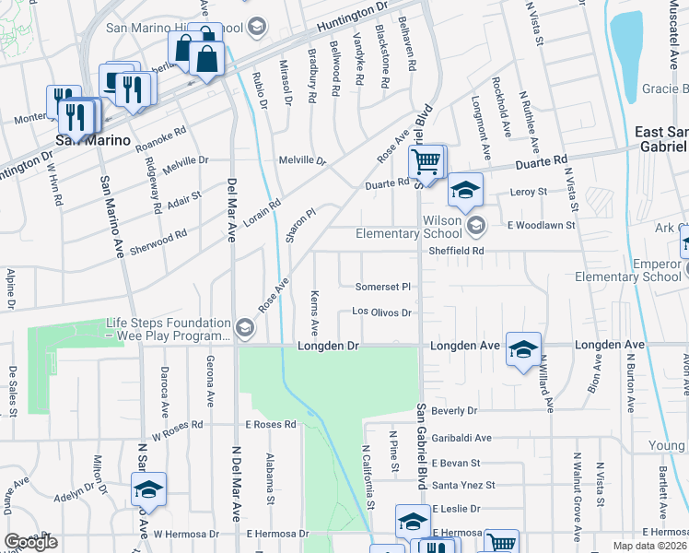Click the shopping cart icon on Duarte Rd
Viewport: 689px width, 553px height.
tap(426, 163)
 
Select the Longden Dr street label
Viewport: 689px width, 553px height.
tap(326, 346)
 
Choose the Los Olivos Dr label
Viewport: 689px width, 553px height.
tap(382, 312)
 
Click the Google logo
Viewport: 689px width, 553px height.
tap(30, 542)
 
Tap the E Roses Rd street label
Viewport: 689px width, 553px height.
tap(270, 425)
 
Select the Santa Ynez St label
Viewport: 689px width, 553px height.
tap(463, 485)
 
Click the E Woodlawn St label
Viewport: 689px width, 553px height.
tap(543, 224)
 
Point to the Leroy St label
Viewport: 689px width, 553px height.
tap(530, 192)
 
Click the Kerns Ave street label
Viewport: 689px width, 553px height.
tap(314, 316)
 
